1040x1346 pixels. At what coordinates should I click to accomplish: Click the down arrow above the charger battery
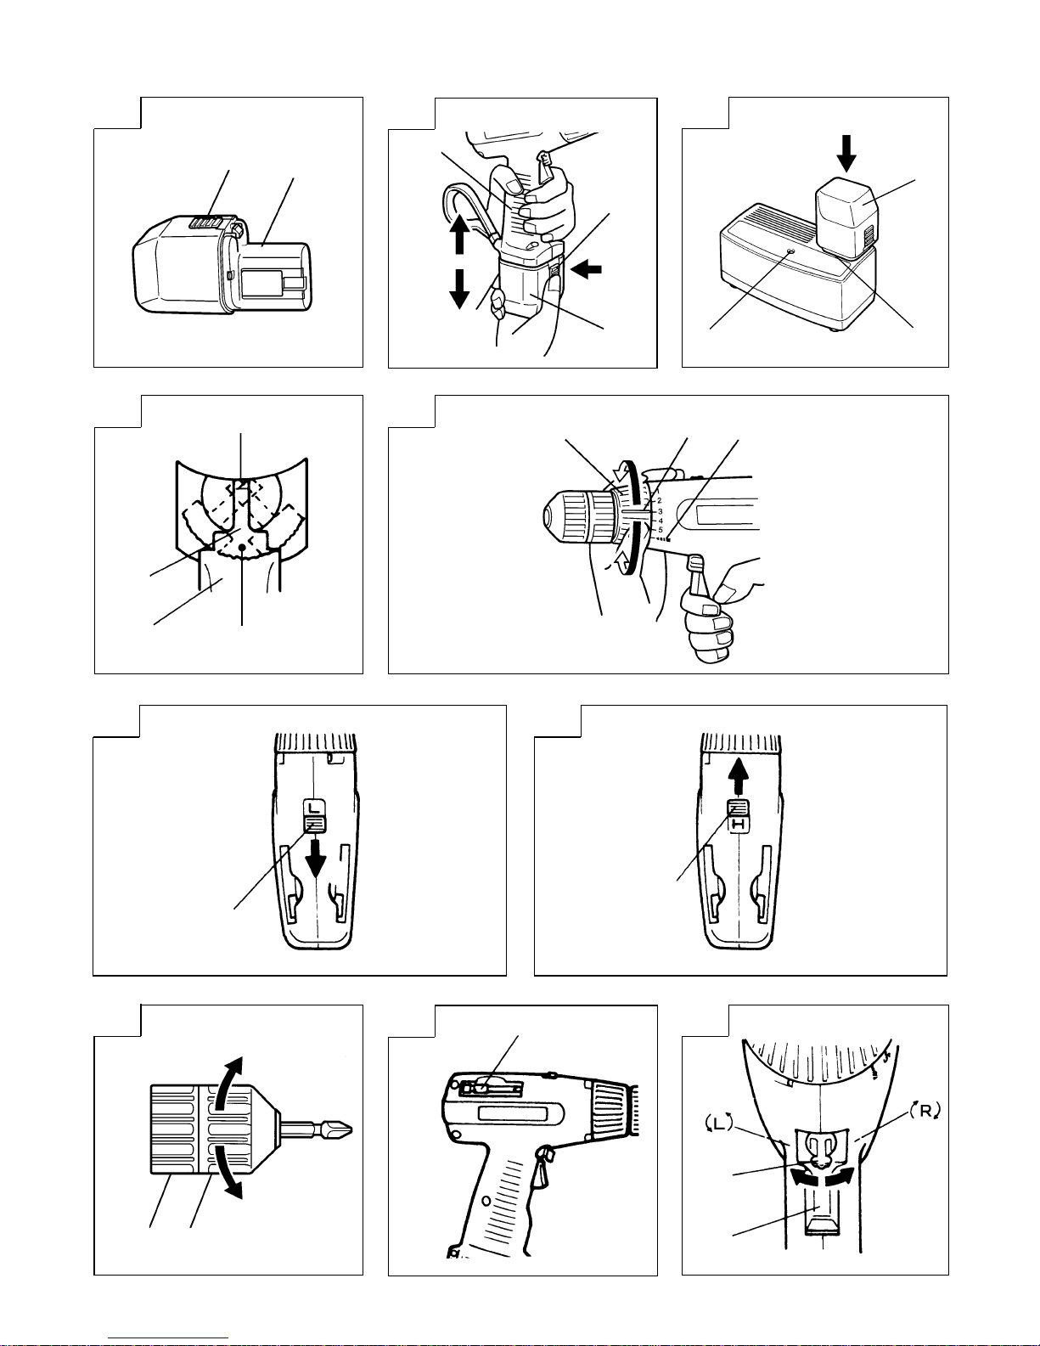tap(846, 153)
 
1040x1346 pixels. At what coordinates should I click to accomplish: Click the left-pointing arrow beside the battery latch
tap(587, 269)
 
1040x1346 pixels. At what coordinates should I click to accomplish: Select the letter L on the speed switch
tap(314, 808)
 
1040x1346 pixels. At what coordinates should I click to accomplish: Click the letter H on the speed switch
tap(738, 824)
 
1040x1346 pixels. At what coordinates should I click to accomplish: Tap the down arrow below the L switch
tap(316, 858)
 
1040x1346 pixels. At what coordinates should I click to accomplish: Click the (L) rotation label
tap(719, 1123)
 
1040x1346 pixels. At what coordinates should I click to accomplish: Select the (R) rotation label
tap(925, 1111)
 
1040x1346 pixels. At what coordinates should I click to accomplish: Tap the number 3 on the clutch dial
tap(661, 511)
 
